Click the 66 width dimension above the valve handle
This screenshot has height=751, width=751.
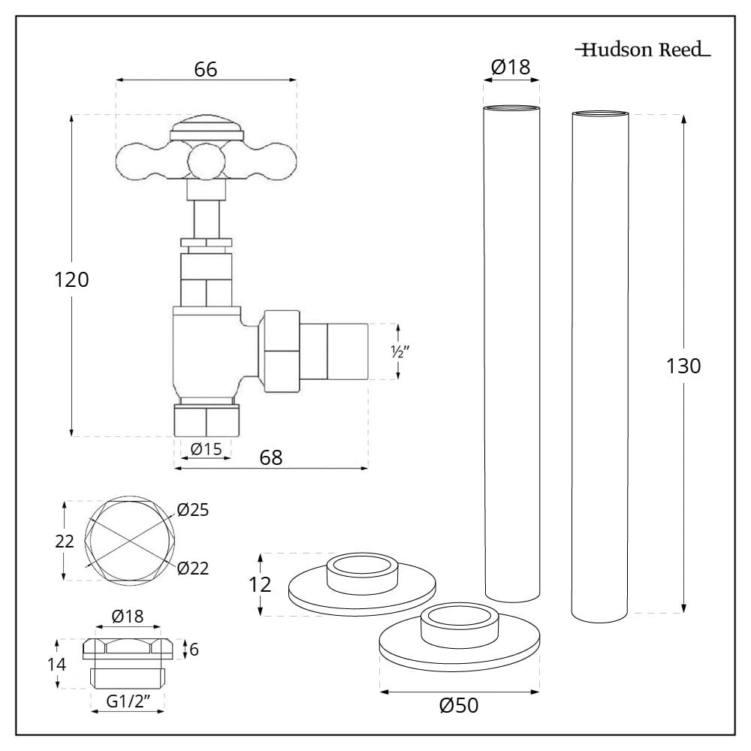point(205,69)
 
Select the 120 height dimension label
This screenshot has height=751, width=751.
point(72,280)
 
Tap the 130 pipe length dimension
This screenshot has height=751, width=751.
point(683,366)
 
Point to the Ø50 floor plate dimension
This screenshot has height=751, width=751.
point(459,706)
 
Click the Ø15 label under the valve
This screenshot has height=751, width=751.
point(205,449)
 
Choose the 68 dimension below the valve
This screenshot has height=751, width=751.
point(271,457)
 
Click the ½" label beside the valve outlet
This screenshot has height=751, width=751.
point(397,352)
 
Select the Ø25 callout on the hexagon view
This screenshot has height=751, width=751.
point(193,511)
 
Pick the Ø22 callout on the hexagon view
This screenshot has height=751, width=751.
point(193,568)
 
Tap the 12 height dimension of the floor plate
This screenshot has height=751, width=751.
point(261,584)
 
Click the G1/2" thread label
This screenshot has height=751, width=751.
point(128,701)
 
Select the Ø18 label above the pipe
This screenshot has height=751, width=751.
point(510,68)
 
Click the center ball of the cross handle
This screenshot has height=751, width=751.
point(206,160)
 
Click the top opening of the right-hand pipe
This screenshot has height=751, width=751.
point(600,114)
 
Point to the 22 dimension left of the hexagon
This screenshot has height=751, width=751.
point(65,541)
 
